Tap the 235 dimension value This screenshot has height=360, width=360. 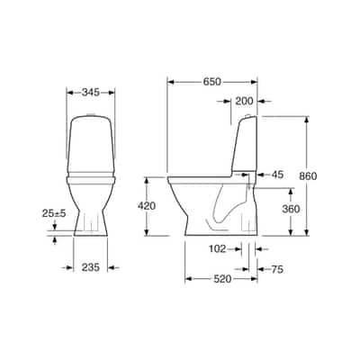[90, 266]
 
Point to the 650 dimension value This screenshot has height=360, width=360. [212, 82]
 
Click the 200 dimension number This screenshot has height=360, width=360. [243, 102]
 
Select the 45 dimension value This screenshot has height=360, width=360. [277, 175]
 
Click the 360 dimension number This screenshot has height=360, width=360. [292, 209]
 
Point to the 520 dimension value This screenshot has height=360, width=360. [220, 279]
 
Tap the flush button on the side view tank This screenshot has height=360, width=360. [247, 117]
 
